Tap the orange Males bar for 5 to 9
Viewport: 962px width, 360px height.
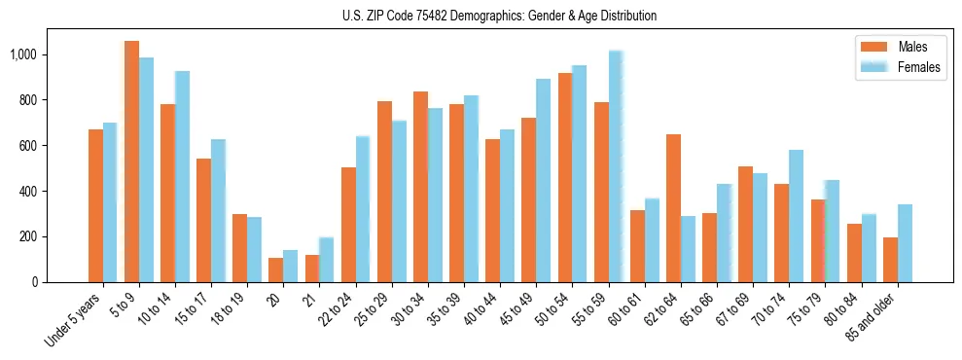tap(131, 162)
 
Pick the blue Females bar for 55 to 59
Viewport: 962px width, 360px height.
tap(616, 166)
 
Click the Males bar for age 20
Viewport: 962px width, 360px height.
tap(275, 270)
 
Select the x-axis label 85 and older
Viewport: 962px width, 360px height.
tap(873, 321)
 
